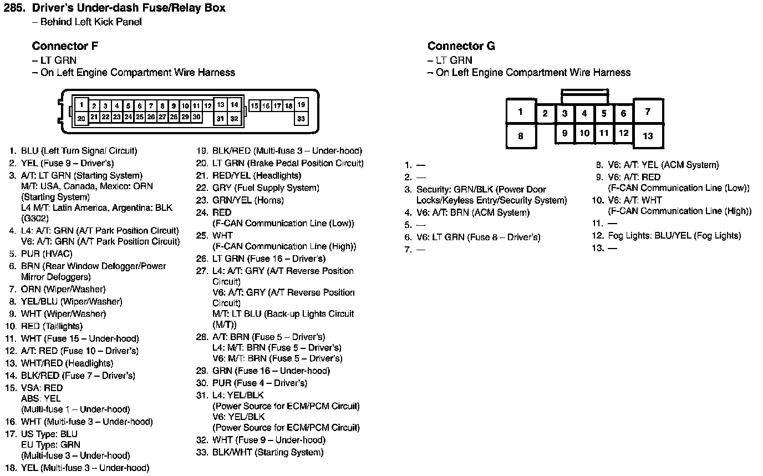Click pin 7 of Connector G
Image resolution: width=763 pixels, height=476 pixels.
pyautogui.click(x=648, y=112)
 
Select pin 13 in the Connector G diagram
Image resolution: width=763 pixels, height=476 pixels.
pyautogui.click(x=648, y=136)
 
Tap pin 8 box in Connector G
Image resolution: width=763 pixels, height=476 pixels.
pyautogui.click(x=520, y=136)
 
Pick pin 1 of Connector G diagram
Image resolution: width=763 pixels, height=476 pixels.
pyautogui.click(x=520, y=112)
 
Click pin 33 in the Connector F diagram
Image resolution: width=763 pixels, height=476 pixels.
pyautogui.click(x=301, y=118)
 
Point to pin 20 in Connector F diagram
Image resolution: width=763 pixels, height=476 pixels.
pyautogui.click(x=81, y=118)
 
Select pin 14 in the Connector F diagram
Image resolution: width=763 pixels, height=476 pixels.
pyautogui.click(x=235, y=104)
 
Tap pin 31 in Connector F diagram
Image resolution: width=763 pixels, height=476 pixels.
pyautogui.click(x=220, y=118)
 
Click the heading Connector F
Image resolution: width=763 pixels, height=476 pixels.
pyautogui.click(x=65, y=46)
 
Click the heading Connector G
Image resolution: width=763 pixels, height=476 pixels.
pyautogui.click(x=461, y=46)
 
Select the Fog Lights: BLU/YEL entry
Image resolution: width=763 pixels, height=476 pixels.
pyautogui.click(x=674, y=235)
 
